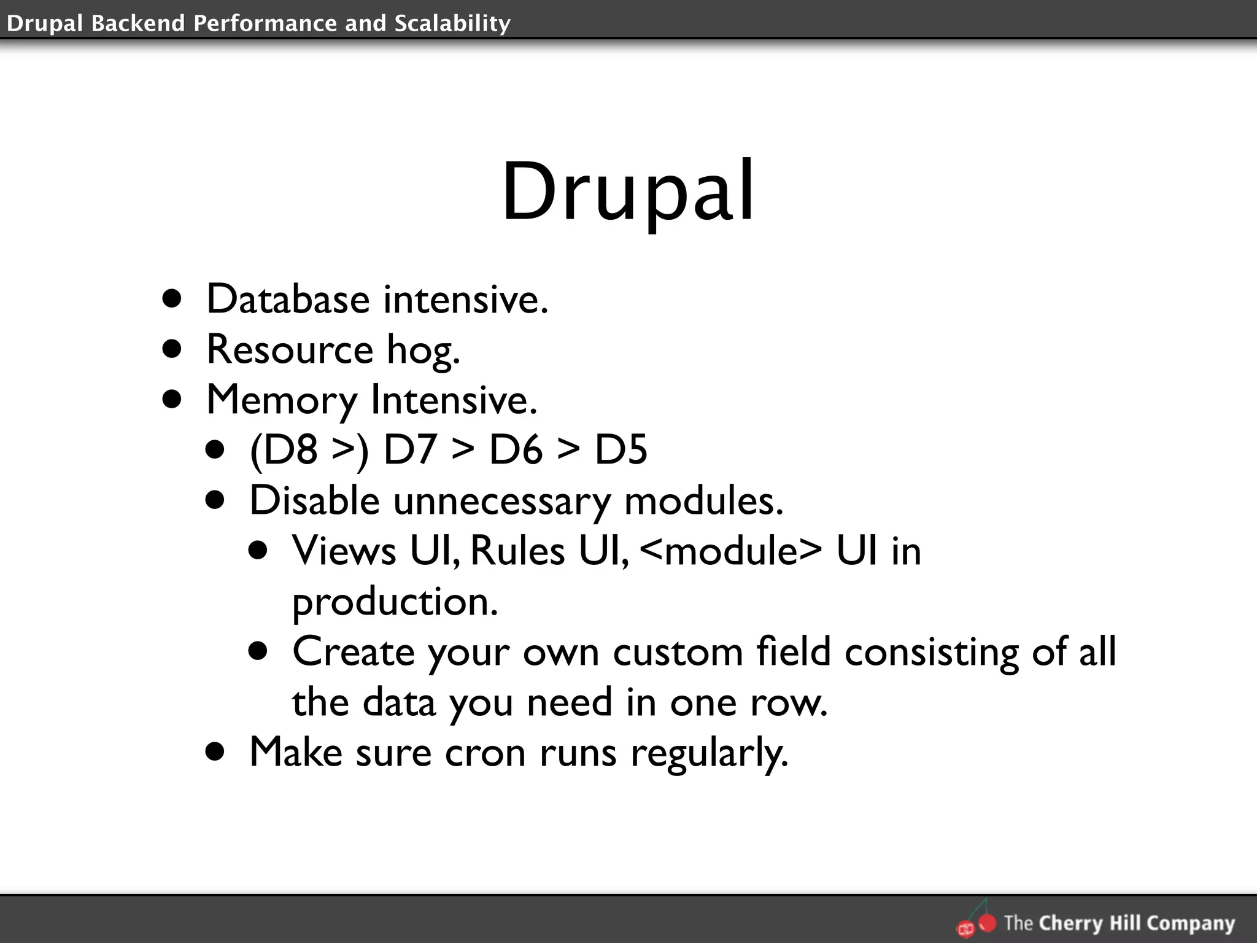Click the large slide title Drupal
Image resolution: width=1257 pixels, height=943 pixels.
pos(628,192)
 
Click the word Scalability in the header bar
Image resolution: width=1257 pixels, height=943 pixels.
pos(452,23)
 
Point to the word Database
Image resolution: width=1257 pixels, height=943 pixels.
pos(288,300)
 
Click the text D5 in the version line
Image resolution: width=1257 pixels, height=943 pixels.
pos(621,449)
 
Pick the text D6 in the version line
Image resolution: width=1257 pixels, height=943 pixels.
pos(516,449)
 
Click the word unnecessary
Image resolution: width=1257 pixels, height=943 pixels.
pos(501,501)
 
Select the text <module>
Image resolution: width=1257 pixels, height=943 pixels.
pos(730,550)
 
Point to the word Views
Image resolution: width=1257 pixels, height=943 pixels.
pos(344,550)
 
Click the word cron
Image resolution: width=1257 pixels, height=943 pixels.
pos(485,753)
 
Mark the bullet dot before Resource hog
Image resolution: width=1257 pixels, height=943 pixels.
pos(172,349)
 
